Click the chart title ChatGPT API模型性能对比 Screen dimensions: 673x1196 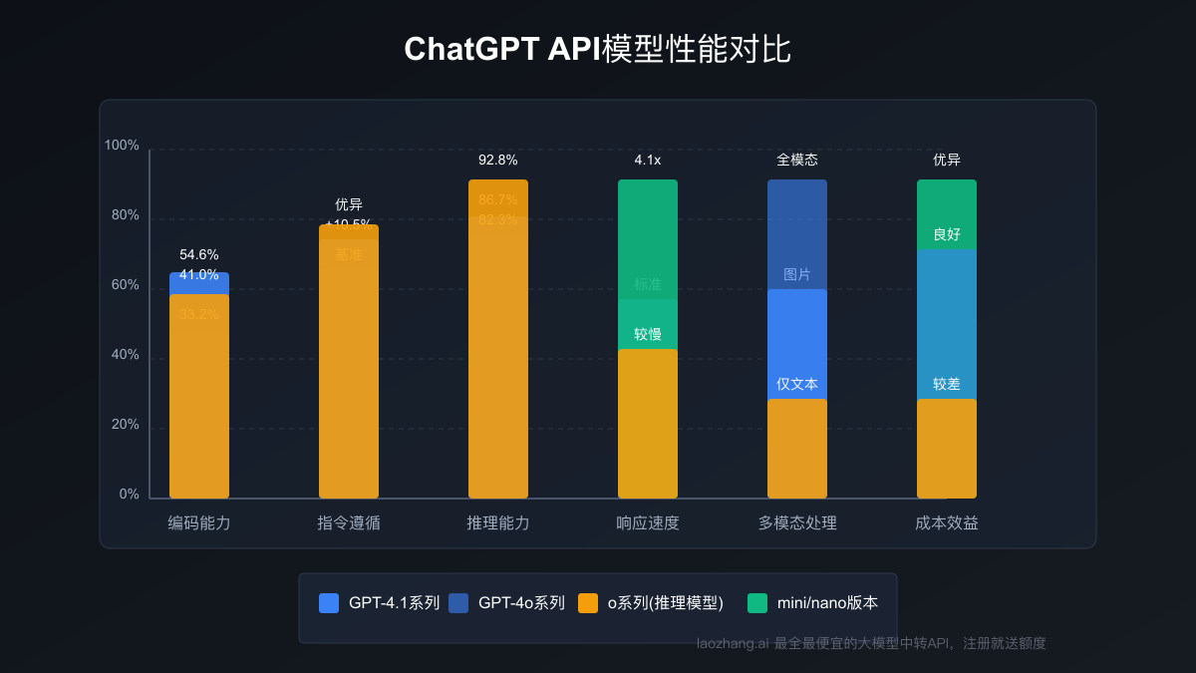(x=598, y=49)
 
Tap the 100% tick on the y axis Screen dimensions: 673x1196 (x=122, y=146)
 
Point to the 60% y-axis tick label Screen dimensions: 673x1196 (x=125, y=285)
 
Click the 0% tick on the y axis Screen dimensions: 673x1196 (x=129, y=495)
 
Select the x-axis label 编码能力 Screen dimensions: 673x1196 (x=199, y=522)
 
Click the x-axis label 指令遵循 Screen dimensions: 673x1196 (x=349, y=522)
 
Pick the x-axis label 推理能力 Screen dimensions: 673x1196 (x=498, y=522)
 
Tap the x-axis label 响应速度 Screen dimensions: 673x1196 (x=648, y=522)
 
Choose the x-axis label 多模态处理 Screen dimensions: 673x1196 (x=797, y=522)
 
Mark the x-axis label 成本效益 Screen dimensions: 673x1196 (x=947, y=522)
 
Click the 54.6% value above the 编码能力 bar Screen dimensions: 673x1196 (x=199, y=254)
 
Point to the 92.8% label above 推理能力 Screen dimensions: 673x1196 (x=498, y=160)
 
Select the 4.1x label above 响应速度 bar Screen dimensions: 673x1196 (x=648, y=160)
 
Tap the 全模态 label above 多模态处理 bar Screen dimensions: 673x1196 (x=797, y=160)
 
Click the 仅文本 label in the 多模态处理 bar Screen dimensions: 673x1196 (x=797, y=384)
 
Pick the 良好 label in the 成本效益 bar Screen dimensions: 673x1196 (x=947, y=234)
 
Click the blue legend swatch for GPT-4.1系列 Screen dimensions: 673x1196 (x=329, y=603)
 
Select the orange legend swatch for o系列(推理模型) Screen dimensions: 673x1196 (x=588, y=603)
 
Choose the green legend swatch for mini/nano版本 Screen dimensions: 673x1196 (x=757, y=603)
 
